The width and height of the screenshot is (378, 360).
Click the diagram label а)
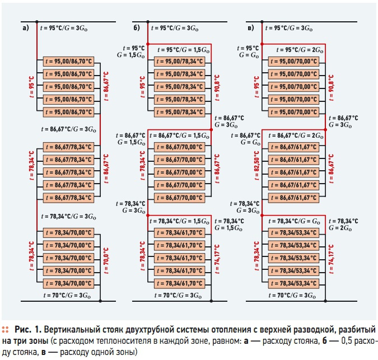[26, 28]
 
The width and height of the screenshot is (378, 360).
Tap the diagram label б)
[137, 28]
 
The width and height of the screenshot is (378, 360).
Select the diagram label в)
[251, 28]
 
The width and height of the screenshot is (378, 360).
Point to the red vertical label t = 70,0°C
[106, 260]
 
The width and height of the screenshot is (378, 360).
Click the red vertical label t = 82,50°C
[256, 166]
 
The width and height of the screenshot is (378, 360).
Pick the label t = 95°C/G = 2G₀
[300, 50]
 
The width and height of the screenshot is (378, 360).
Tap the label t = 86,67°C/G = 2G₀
[296, 135]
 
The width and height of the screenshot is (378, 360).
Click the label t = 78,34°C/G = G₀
[295, 221]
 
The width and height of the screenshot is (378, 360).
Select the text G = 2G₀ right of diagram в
[340, 228]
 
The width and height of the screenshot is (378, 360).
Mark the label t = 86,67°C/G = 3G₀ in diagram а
[69, 129]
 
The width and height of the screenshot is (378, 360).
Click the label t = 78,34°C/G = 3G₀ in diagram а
[69, 216]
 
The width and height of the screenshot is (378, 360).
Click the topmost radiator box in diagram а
[69, 62]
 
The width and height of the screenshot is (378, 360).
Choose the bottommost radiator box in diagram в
[293, 283]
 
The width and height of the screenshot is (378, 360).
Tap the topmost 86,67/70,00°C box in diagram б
[180, 147]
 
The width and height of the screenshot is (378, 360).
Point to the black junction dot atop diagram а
[37, 22]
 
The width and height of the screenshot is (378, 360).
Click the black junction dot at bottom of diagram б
[211, 301]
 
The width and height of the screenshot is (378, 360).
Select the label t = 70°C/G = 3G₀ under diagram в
[292, 296]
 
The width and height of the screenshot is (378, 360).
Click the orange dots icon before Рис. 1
[5, 330]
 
